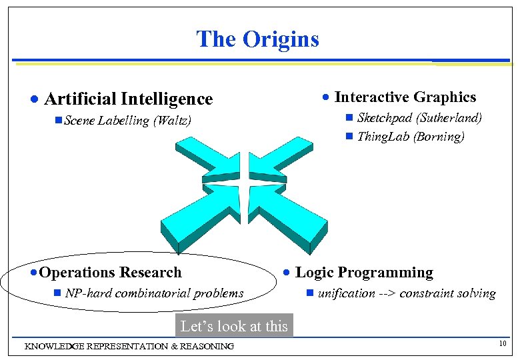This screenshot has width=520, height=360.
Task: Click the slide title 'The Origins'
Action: click(x=258, y=39)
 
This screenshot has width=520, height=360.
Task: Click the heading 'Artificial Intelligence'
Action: click(x=128, y=99)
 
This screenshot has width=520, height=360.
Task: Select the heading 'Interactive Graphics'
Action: click(x=405, y=97)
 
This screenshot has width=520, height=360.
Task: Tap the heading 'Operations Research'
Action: click(x=111, y=273)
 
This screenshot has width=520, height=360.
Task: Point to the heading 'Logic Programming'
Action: click(x=364, y=273)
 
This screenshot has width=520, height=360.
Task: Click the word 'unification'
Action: click(x=347, y=293)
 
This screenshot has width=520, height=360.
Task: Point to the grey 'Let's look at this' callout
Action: click(x=234, y=326)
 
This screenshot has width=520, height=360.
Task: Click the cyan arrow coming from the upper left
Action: click(x=201, y=160)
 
